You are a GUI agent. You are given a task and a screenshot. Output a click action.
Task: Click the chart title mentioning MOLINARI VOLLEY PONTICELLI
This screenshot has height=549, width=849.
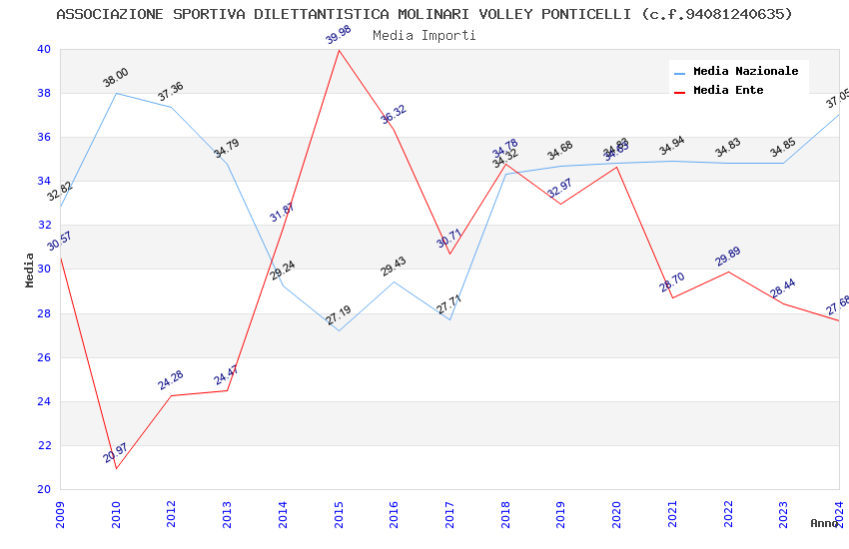point(424,14)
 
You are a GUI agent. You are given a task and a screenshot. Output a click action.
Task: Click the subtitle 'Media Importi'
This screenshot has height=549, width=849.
point(424,35)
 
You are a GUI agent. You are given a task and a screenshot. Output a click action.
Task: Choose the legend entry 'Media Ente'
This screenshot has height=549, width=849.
point(728,91)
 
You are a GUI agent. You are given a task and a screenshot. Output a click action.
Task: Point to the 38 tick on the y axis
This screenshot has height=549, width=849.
point(43,94)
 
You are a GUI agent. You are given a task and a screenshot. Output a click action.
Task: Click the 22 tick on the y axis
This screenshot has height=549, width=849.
point(43,445)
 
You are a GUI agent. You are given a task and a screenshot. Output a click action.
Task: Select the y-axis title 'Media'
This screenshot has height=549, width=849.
point(30,270)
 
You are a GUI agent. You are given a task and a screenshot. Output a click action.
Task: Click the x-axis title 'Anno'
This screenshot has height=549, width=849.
point(824,523)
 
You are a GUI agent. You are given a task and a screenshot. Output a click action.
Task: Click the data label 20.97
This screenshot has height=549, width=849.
point(115,453)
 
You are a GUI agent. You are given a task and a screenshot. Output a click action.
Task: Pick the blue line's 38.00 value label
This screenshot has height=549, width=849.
point(116,78)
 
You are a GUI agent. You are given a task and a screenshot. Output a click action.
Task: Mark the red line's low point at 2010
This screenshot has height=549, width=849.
point(116,468)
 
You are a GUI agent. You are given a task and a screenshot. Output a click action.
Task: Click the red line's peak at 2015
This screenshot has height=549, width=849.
point(339,50)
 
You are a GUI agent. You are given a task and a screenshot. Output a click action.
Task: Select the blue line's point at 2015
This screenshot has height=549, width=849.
point(339,331)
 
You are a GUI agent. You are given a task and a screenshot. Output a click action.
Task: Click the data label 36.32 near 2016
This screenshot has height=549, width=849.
point(394,115)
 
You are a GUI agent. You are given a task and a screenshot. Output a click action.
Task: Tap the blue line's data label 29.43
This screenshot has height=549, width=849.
point(394,267)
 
